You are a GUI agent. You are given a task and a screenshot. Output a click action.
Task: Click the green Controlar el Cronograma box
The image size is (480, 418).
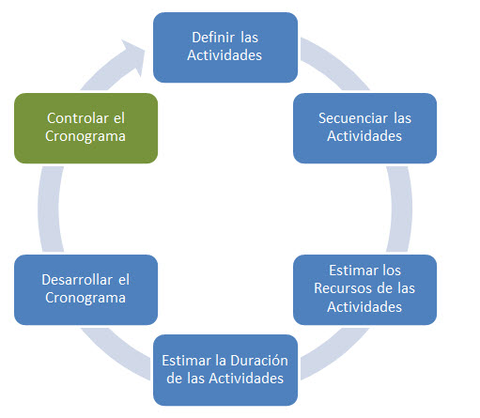86,128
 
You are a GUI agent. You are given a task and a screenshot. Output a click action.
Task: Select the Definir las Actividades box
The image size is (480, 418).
225,48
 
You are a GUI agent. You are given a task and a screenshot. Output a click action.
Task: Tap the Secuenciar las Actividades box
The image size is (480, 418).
364,128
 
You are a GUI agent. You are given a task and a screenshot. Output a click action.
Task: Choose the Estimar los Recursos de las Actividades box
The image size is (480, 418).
364,289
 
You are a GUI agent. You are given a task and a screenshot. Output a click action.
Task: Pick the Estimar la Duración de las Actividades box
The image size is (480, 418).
225,370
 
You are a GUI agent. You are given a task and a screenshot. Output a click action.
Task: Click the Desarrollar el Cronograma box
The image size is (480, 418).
86,289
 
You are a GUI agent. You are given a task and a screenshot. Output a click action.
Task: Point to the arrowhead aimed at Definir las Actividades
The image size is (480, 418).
134,56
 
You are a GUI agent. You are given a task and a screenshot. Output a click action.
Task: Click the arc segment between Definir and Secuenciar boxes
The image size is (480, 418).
336,63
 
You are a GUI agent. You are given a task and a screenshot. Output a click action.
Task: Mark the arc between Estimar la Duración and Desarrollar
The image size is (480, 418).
115,354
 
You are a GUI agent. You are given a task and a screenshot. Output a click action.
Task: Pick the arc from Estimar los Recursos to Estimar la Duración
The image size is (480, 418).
336,354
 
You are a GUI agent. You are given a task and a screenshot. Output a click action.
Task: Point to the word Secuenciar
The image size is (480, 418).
353,118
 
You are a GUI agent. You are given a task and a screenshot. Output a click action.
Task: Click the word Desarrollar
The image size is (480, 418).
77,280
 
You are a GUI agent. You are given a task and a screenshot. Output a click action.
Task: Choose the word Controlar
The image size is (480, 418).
78,118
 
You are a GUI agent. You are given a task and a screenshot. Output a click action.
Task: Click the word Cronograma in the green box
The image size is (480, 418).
85,137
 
